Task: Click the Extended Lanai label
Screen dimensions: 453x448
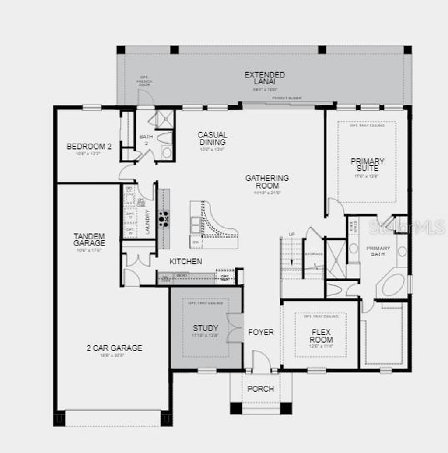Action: [x=264, y=78]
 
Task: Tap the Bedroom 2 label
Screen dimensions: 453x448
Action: [x=89, y=147]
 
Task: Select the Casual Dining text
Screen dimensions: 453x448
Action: [x=212, y=138]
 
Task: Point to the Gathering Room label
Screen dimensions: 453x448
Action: [x=267, y=182]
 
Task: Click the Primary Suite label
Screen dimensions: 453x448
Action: [x=367, y=165]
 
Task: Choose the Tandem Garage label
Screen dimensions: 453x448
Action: [x=89, y=239]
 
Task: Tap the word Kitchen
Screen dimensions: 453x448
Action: [x=186, y=261]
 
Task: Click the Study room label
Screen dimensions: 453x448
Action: [x=206, y=328]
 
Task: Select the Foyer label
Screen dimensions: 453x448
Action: [x=261, y=332]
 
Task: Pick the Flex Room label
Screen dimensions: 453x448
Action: [x=321, y=336]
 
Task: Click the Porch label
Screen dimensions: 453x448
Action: [x=261, y=389]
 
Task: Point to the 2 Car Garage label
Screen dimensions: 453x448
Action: [x=114, y=348]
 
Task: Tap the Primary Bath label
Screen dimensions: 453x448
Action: [x=378, y=251]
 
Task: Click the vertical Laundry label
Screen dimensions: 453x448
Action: [x=147, y=222]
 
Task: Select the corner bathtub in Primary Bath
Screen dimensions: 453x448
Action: [x=393, y=285]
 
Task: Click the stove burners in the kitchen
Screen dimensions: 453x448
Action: [x=164, y=218]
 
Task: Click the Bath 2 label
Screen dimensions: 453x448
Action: [x=146, y=140]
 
